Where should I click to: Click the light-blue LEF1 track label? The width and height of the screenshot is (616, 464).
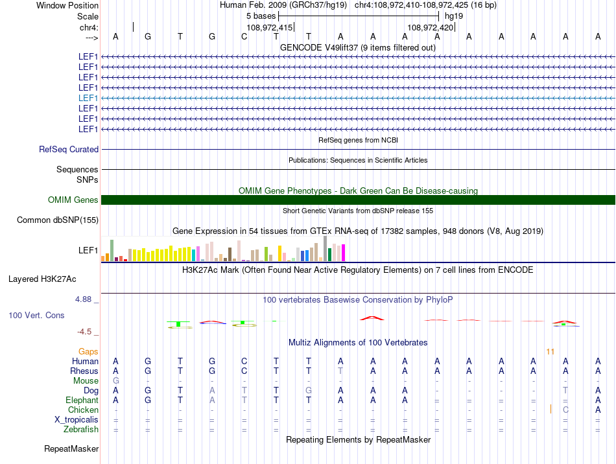[88, 98]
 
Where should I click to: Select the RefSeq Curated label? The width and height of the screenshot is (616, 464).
[69, 150]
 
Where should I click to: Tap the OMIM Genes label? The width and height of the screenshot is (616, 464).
[73, 200]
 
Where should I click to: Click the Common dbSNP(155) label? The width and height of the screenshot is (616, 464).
[58, 220]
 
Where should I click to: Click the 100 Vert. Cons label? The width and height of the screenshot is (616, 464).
[36, 316]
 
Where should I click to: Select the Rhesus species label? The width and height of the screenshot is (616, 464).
[84, 371]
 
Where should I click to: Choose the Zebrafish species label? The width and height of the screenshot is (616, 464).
[81, 429]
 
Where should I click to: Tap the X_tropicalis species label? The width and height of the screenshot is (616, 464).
[77, 419]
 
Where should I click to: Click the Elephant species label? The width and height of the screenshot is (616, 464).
[82, 400]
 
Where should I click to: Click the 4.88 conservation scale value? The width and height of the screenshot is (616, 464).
[84, 299]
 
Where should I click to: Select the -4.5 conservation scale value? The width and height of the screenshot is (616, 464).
[85, 332]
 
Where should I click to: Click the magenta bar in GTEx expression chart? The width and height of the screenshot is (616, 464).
[343, 253]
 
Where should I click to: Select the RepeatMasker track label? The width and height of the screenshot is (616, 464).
[71, 448]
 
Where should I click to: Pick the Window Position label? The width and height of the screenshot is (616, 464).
[67, 6]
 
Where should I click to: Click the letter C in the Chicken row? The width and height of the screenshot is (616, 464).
[565, 410]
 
